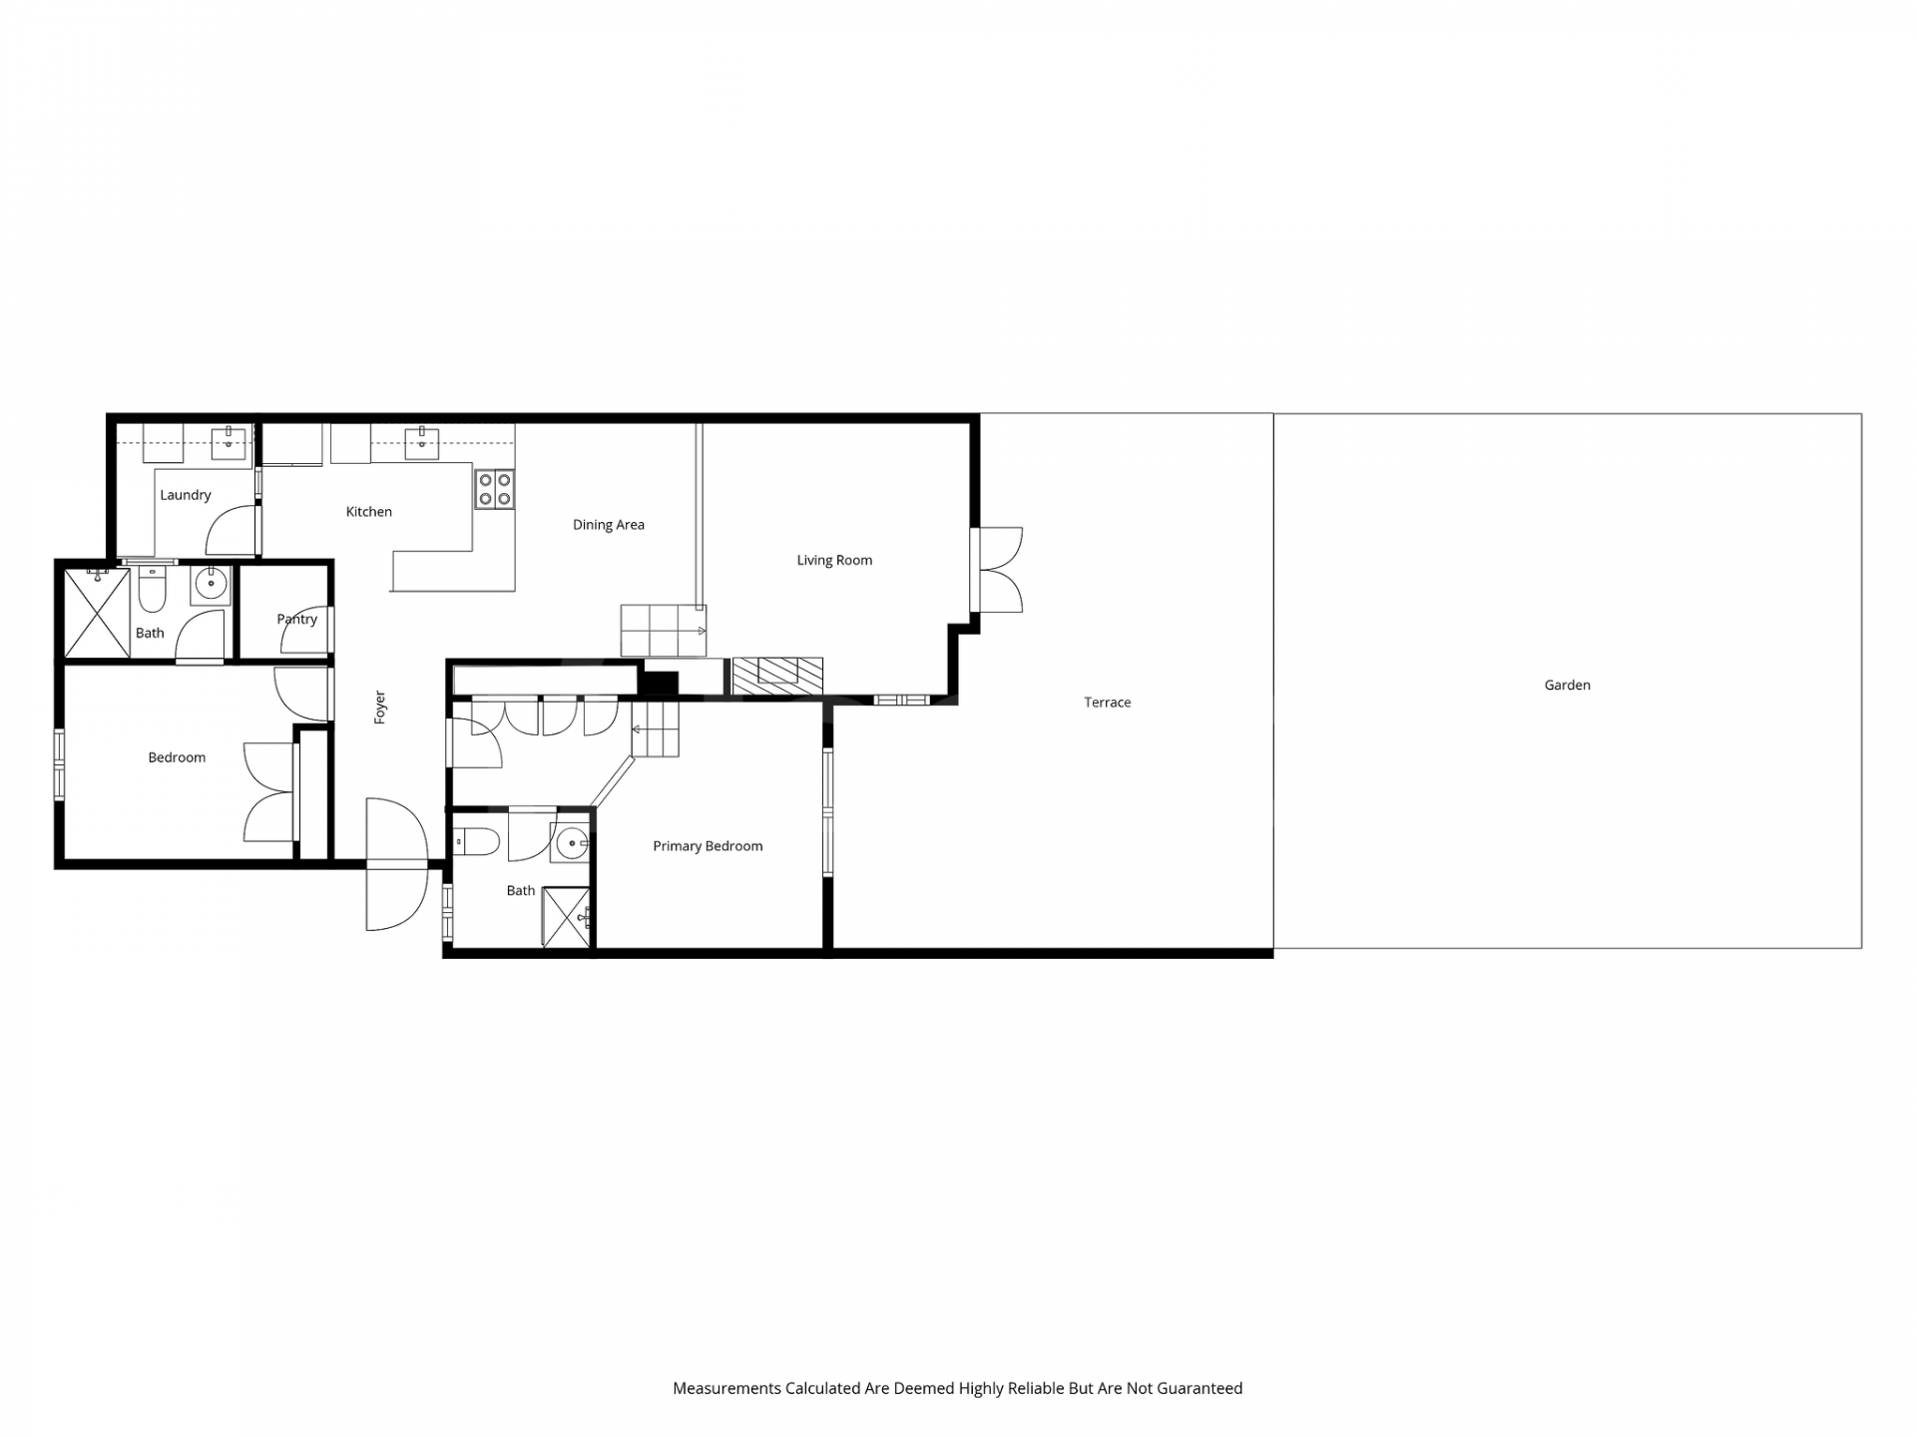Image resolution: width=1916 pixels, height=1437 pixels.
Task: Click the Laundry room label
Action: [x=186, y=495]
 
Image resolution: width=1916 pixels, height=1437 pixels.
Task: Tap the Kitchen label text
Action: [x=368, y=512]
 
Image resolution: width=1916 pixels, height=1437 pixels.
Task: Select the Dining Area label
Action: [x=609, y=525]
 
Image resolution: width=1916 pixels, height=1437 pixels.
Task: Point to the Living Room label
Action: [x=834, y=561]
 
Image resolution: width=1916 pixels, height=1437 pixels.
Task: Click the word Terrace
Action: [x=1108, y=703]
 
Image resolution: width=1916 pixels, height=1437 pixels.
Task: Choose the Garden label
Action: [x=1567, y=686]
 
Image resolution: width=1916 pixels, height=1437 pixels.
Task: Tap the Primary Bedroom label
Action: [x=708, y=846]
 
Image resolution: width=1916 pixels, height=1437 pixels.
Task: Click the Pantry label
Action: [x=296, y=620]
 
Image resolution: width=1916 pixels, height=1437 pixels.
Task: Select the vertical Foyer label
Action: [x=380, y=708]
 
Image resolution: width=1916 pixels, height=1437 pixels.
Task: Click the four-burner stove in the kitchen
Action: [x=494, y=489]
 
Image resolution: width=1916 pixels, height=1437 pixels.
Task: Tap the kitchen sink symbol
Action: [x=422, y=442]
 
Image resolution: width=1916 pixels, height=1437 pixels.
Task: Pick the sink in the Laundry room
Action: [x=229, y=442]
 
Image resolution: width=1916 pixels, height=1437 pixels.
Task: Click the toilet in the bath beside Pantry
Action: [x=152, y=590]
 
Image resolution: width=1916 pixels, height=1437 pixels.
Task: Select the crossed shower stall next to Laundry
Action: [x=97, y=613]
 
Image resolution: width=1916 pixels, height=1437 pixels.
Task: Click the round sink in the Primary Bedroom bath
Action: [x=571, y=844]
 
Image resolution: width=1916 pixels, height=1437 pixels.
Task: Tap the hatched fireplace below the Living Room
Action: [x=777, y=676]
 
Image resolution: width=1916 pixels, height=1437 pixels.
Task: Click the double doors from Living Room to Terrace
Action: [x=997, y=570]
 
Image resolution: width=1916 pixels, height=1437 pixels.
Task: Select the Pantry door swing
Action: [x=307, y=629]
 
